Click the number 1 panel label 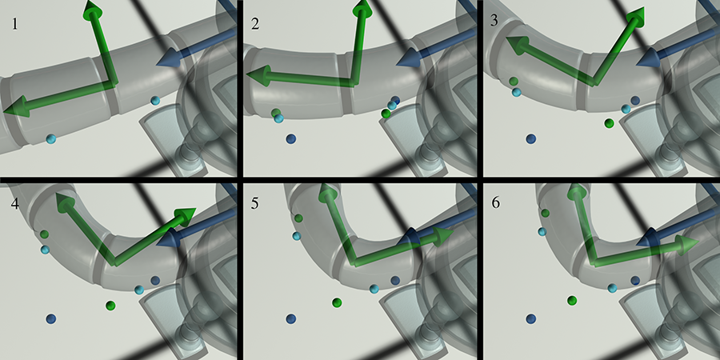click(x=15, y=24)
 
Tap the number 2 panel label click(x=255, y=24)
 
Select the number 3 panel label click(x=494, y=21)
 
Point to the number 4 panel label click(x=15, y=203)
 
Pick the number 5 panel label click(x=255, y=203)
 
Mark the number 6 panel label click(x=495, y=203)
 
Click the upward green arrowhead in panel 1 click(x=92, y=9)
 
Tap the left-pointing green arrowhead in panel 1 click(x=14, y=106)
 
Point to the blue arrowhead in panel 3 click(x=648, y=58)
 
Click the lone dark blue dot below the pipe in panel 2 click(x=290, y=138)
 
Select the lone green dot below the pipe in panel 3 click(x=610, y=123)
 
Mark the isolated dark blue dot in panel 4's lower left click(x=51, y=318)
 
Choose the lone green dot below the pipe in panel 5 click(x=337, y=302)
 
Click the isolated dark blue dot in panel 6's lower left click(x=531, y=318)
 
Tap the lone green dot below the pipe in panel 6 click(x=572, y=300)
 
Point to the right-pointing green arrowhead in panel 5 click(x=443, y=235)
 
